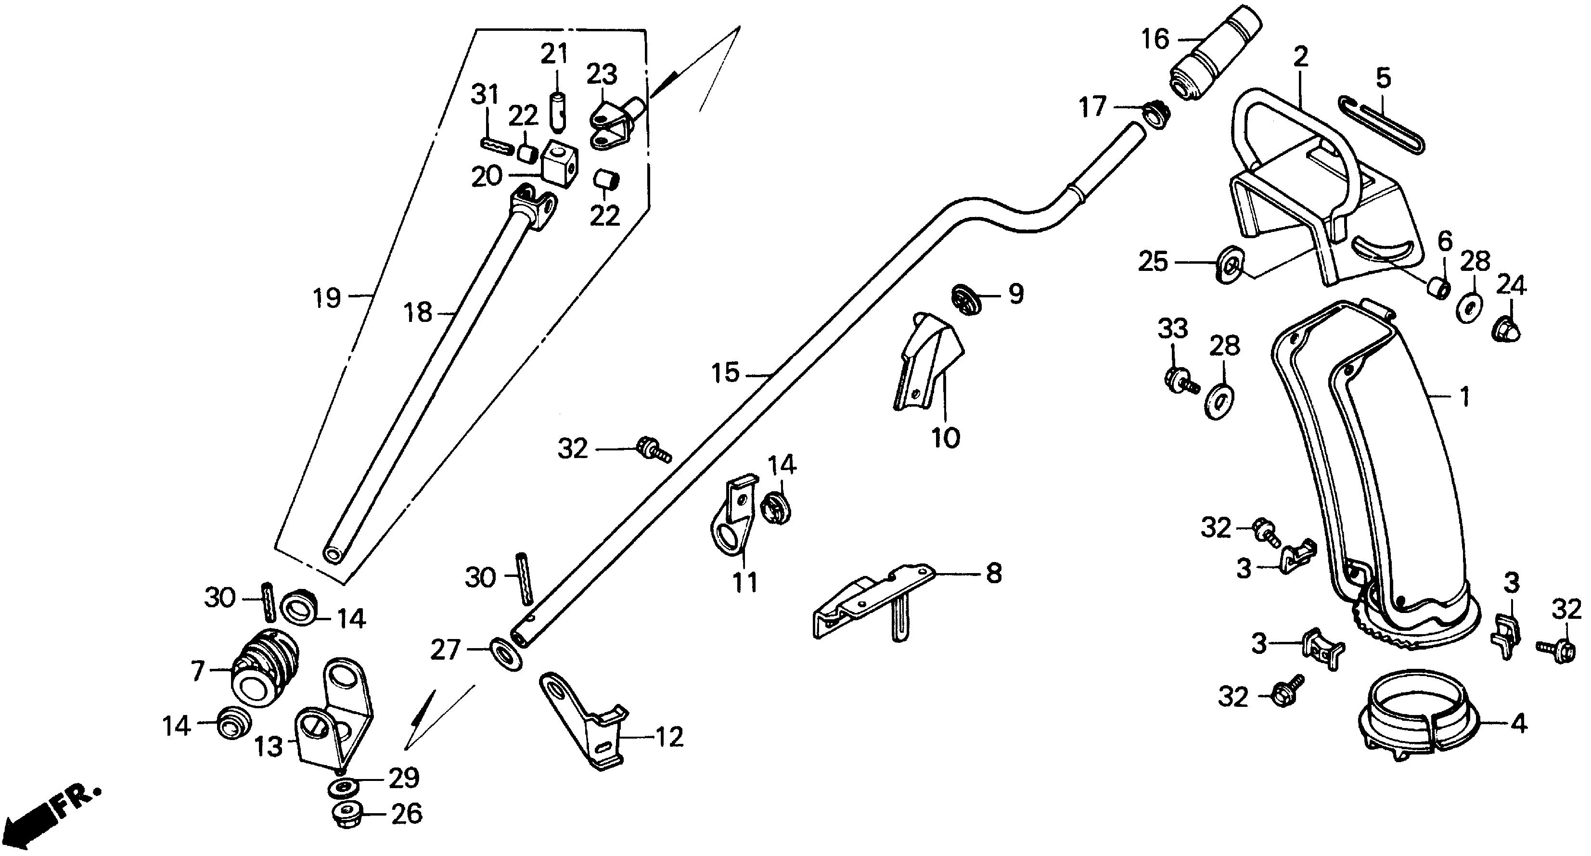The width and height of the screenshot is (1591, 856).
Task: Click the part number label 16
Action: tap(1155, 39)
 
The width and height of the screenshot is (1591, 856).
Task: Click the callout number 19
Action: tap(327, 298)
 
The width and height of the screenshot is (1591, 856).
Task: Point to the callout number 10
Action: tap(946, 438)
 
